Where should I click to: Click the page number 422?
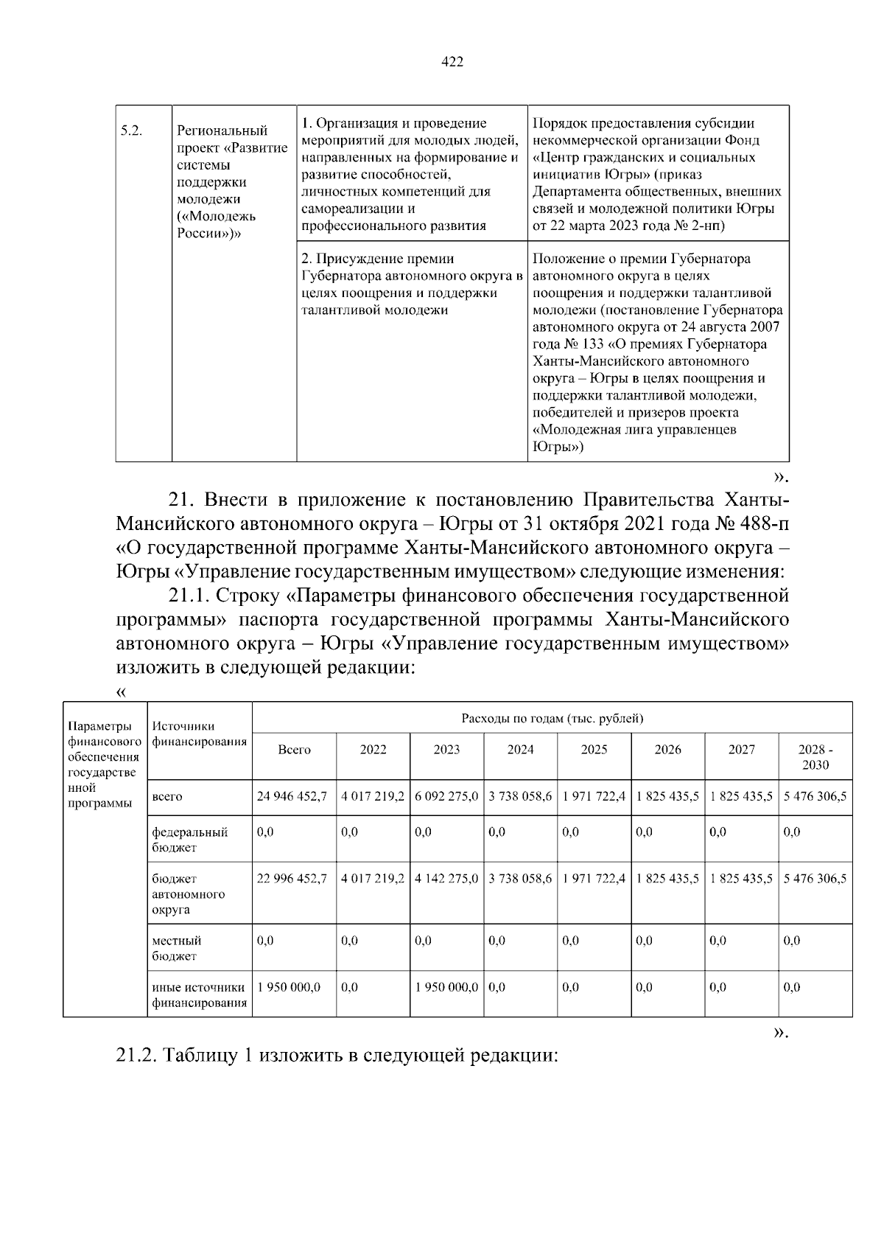pos(452,62)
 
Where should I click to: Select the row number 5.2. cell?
pos(131,130)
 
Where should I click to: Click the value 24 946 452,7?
pos(292,796)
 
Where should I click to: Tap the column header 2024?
pos(520,749)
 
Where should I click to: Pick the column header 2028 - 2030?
pos(815,756)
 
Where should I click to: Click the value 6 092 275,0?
pos(446,796)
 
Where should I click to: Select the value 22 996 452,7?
pos(292,878)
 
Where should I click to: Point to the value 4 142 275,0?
pos(446,878)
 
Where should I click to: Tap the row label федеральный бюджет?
pos(189,839)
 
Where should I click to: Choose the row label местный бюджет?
pos(176,948)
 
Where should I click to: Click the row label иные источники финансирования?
pos(199,994)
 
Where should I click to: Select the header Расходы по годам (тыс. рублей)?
pos(552,717)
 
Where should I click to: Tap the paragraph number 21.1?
pos(190,595)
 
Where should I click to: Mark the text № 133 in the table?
pos(582,344)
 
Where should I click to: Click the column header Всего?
pos(294,749)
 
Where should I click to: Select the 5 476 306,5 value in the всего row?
pos(815,796)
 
